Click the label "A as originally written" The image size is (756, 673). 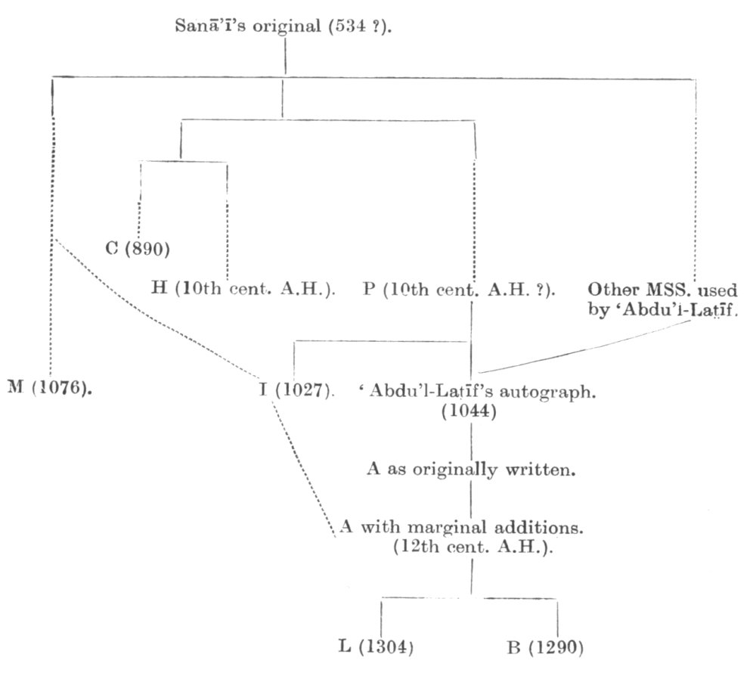pyautogui.click(x=472, y=470)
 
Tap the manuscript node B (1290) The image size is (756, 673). pyautogui.click(x=545, y=647)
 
